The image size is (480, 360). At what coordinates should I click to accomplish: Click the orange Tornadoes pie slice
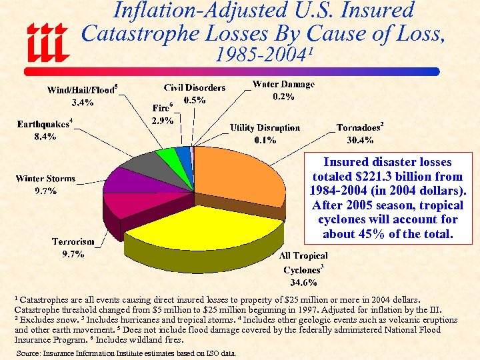240,177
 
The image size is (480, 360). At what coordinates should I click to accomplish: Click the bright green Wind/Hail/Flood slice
165,156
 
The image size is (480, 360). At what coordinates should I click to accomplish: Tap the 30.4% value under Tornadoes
360,140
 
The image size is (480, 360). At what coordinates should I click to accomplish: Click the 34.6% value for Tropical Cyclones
303,283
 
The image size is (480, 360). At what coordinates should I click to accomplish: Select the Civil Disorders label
195,87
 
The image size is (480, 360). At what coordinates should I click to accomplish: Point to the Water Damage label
283,85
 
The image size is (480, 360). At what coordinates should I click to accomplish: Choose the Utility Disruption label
265,127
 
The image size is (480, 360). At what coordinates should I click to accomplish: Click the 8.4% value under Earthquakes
45,137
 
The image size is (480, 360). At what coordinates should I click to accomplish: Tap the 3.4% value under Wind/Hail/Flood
83,103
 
